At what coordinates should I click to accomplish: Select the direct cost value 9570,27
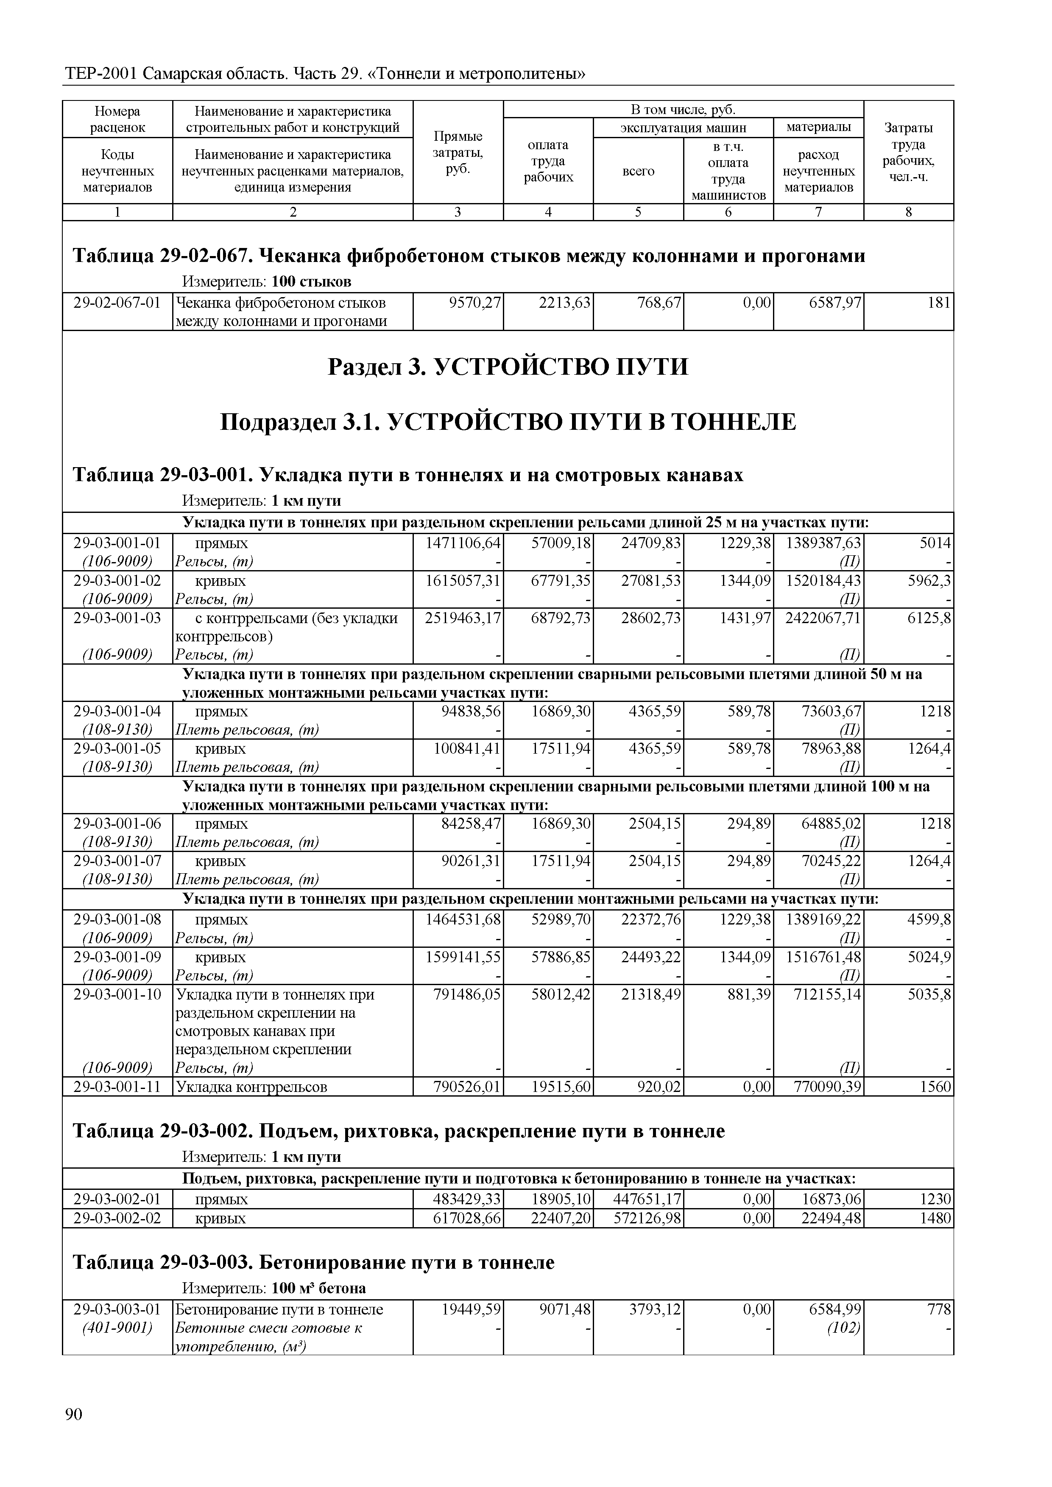tap(475, 303)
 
